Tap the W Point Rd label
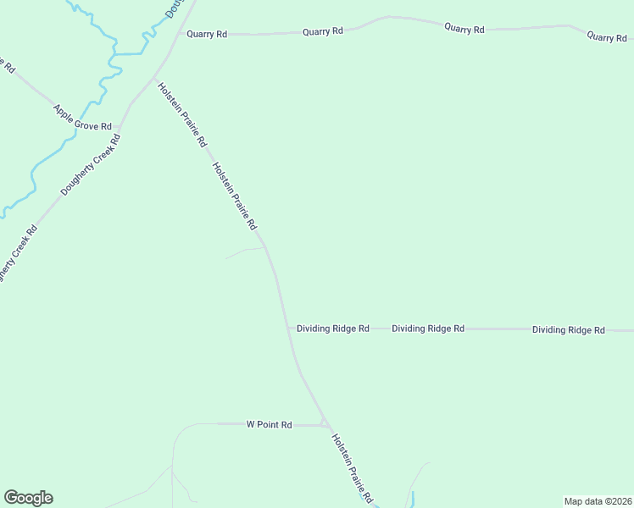point(269,424)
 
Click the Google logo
point(28,498)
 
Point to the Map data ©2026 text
point(598,501)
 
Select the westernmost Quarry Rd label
point(207,34)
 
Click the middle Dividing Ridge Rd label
point(428,328)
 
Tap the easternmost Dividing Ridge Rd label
point(568,329)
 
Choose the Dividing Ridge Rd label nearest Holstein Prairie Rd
point(332,328)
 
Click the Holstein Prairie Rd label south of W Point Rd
point(353,468)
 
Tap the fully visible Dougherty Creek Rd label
point(92,163)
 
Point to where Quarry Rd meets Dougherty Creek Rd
point(177,34)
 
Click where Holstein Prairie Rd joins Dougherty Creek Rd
point(153,79)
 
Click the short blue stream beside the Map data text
point(413,499)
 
